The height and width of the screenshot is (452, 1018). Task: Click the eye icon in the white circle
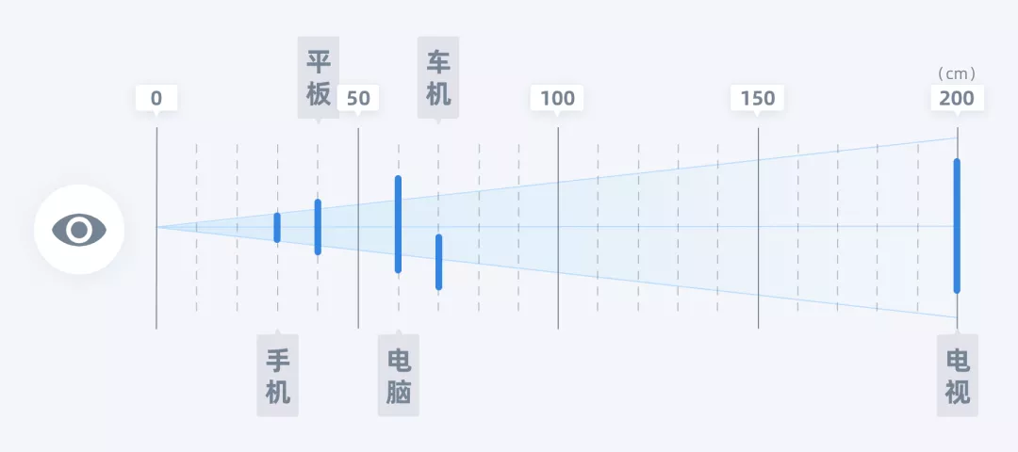click(79, 229)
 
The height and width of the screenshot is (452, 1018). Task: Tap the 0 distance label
click(156, 98)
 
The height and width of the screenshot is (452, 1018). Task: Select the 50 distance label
click(358, 98)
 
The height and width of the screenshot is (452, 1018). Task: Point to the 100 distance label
click(558, 98)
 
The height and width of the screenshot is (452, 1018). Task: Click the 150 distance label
click(758, 98)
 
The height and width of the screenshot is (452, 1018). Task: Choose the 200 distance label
click(958, 98)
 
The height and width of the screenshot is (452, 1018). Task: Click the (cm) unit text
click(957, 73)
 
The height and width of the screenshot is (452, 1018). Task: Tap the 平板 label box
click(318, 77)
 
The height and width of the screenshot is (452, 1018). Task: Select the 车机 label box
click(438, 77)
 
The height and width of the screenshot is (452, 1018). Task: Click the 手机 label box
click(277, 376)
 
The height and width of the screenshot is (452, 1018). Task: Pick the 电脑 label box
click(399, 376)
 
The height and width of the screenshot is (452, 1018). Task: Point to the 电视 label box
click(958, 376)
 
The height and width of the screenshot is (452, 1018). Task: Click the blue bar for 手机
click(277, 227)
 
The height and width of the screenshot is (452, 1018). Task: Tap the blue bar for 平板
click(318, 227)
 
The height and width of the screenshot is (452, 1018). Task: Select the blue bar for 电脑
click(398, 224)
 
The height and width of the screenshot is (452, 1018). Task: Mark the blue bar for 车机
click(438, 262)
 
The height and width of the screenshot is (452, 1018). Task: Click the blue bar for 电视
click(957, 226)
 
